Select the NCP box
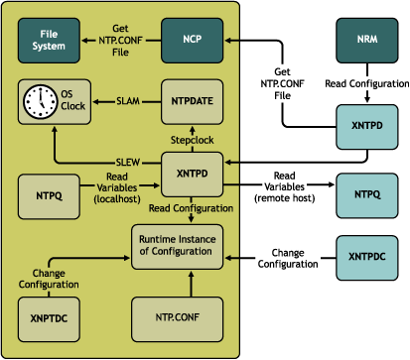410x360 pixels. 192,41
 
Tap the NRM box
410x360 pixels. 364,41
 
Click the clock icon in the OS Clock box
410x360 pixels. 41,102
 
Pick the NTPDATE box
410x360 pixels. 192,102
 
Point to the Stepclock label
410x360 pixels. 192,139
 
